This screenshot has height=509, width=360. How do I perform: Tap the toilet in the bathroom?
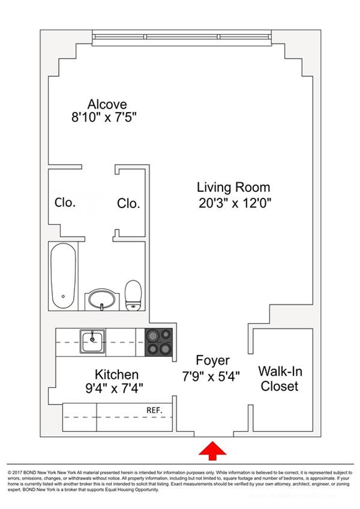(133, 295)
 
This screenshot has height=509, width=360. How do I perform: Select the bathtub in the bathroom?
(63, 276)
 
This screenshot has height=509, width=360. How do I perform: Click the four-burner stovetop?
(159, 342)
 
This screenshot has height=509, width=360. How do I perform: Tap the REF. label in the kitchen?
(154, 410)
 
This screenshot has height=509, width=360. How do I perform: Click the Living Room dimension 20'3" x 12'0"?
(235, 204)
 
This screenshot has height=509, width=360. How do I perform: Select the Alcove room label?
(107, 104)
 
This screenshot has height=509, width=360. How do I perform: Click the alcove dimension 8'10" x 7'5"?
(104, 117)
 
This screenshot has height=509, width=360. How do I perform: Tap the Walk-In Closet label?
(280, 379)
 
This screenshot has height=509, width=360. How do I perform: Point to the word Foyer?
(212, 360)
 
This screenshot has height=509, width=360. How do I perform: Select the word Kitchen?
(116, 375)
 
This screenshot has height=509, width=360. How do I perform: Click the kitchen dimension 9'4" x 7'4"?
(114, 389)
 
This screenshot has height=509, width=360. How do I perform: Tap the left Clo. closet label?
(65, 203)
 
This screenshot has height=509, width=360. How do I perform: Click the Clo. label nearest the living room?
(128, 204)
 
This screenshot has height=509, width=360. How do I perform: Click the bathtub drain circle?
(63, 296)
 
